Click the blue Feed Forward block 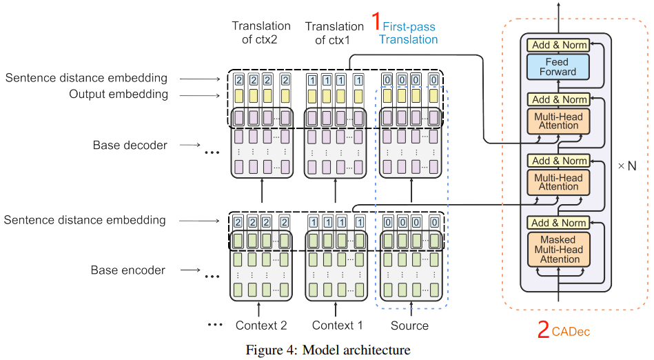click(557, 67)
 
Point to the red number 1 click(376, 22)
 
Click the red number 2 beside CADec click(543, 331)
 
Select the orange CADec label click(571, 332)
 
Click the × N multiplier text click(626, 166)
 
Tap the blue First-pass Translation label click(409, 33)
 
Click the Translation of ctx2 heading click(261, 33)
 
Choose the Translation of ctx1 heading click(334, 33)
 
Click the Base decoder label click(130, 146)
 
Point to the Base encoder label click(128, 270)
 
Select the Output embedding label click(118, 94)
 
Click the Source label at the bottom click(409, 326)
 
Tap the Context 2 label click(261, 326)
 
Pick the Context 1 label click(337, 326)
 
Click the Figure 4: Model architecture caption click(327, 350)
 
